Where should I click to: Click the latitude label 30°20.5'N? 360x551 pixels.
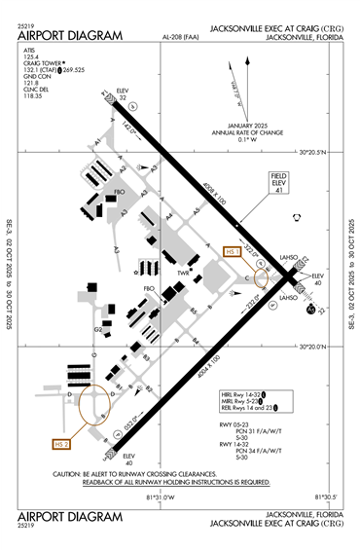pyautogui.click(x=318, y=151)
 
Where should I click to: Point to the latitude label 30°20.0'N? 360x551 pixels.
pyautogui.click(x=318, y=346)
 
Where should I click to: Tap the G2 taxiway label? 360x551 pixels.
pyautogui.click(x=97, y=330)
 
